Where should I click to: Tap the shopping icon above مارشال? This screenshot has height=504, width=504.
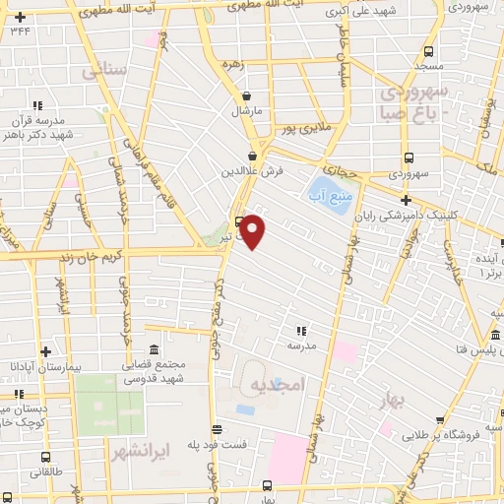pos(246,95)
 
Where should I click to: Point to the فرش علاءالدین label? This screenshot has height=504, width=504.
pos(258,169)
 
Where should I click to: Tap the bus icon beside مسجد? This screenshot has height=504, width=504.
pos(428,52)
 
